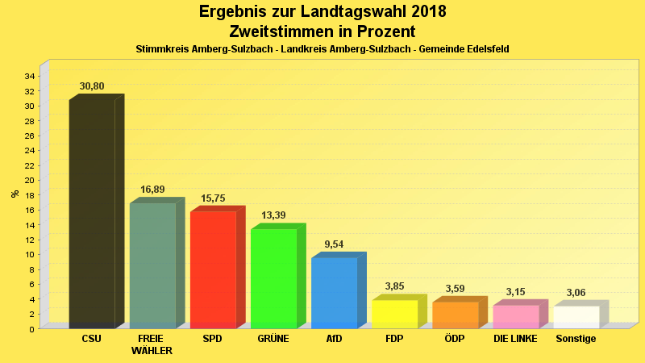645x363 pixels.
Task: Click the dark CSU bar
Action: [92, 214]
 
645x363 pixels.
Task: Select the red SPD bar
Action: [213, 269]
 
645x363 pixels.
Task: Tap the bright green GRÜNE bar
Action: [273, 278]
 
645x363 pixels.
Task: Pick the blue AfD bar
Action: [334, 293]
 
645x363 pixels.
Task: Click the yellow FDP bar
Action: [394, 314]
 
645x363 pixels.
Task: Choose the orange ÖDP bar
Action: [455, 315]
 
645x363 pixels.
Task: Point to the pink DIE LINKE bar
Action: [515, 316]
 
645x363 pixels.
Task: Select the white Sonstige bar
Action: [576, 317]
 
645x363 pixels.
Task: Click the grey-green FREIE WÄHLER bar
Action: [152, 265]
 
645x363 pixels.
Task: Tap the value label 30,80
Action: [92, 86]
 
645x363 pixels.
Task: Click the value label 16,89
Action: [152, 190]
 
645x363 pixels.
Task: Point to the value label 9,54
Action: [334, 244]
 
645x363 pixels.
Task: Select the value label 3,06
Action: [576, 293]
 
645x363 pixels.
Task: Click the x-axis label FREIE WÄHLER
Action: [152, 344]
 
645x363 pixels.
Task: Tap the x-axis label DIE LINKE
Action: [515, 339]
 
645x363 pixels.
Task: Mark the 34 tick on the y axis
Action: [29, 77]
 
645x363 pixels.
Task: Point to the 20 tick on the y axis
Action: [29, 180]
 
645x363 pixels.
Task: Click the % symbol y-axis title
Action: [15, 194]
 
